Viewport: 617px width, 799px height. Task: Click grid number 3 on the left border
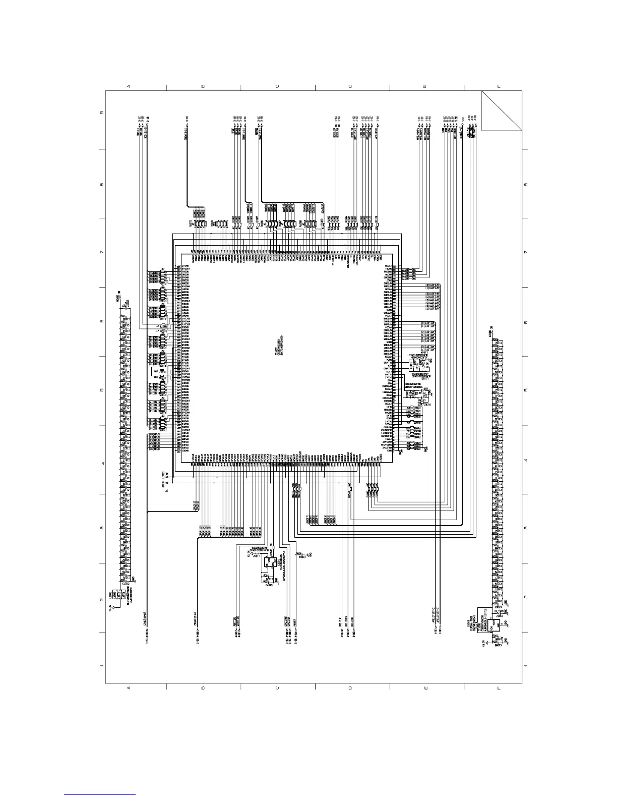[x=102, y=528]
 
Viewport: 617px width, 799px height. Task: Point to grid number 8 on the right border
[x=526, y=184]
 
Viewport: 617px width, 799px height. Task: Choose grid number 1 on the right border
[x=526, y=666]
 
